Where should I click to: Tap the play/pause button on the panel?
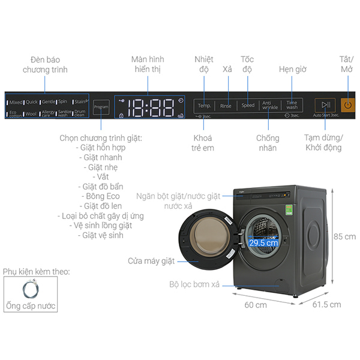click(x=325, y=105)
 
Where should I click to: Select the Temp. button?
click(x=205, y=106)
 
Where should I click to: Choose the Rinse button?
click(x=226, y=106)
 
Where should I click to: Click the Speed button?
click(x=248, y=106)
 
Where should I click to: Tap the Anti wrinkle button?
click(x=270, y=105)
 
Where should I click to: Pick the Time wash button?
click(x=292, y=105)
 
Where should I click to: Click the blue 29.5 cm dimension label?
click(x=263, y=243)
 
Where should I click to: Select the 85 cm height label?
click(x=345, y=236)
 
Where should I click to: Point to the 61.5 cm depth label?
click(x=326, y=305)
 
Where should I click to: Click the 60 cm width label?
click(x=255, y=305)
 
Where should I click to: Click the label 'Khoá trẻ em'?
click(x=200, y=142)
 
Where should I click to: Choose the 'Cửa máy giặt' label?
click(x=151, y=261)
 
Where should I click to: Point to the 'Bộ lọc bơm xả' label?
click(x=194, y=284)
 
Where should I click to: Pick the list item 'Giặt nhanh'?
click(x=100, y=158)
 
